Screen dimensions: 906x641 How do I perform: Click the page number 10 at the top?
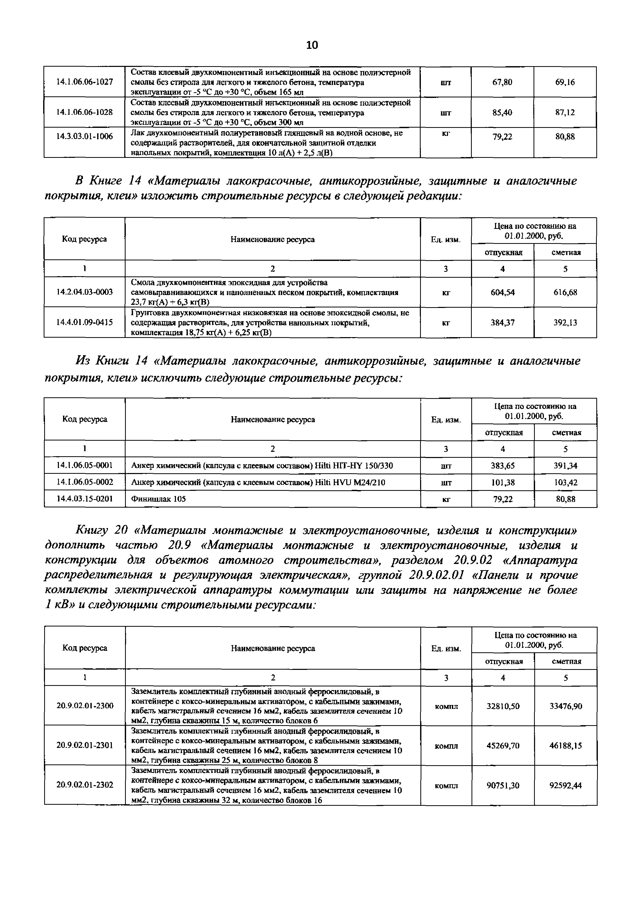(x=312, y=45)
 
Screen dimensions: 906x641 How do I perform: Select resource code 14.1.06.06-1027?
(x=84, y=82)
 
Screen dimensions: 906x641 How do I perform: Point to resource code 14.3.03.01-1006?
(x=84, y=136)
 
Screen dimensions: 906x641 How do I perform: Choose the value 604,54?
(x=503, y=292)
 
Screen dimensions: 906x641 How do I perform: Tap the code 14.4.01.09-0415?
(x=84, y=322)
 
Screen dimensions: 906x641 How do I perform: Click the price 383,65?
(x=503, y=466)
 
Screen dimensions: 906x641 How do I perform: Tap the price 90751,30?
(x=503, y=786)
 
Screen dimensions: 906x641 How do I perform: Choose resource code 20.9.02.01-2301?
(x=84, y=745)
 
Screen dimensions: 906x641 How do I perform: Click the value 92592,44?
(x=566, y=786)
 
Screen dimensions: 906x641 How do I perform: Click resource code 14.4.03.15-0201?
(x=84, y=499)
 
